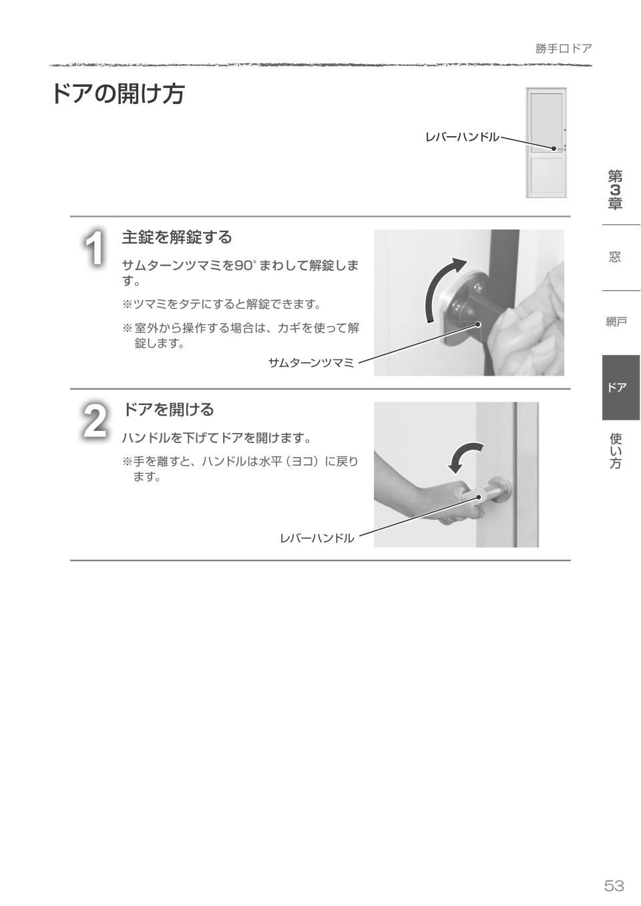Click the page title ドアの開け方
point(118,94)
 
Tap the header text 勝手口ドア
point(563,49)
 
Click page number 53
point(614,885)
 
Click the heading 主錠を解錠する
point(177,237)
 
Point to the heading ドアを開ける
point(168,409)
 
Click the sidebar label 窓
point(615,257)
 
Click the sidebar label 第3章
point(615,190)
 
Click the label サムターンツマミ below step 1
point(310,363)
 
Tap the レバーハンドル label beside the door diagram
point(461,137)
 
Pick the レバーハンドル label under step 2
point(317,538)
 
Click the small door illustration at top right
point(546,142)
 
